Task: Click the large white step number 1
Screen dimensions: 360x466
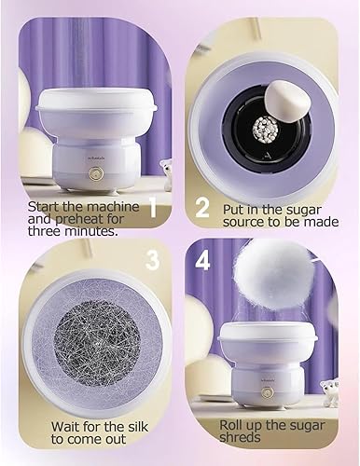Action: (x=152, y=207)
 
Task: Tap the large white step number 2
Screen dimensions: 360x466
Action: (x=202, y=207)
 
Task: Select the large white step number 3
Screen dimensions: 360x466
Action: (x=153, y=259)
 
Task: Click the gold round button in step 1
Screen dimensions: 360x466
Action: (x=94, y=172)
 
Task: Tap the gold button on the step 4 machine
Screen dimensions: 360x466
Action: (x=267, y=392)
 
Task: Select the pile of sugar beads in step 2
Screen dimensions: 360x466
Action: (x=263, y=128)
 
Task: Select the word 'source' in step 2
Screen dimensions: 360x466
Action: (x=242, y=223)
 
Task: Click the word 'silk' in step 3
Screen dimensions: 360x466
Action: (x=136, y=426)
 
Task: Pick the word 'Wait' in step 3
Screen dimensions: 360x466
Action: (x=64, y=426)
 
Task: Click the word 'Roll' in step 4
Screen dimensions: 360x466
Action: (x=230, y=425)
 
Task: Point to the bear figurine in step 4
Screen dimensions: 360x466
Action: (x=330, y=393)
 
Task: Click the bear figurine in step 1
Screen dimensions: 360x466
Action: (x=166, y=171)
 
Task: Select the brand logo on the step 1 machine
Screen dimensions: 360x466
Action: (x=94, y=158)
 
